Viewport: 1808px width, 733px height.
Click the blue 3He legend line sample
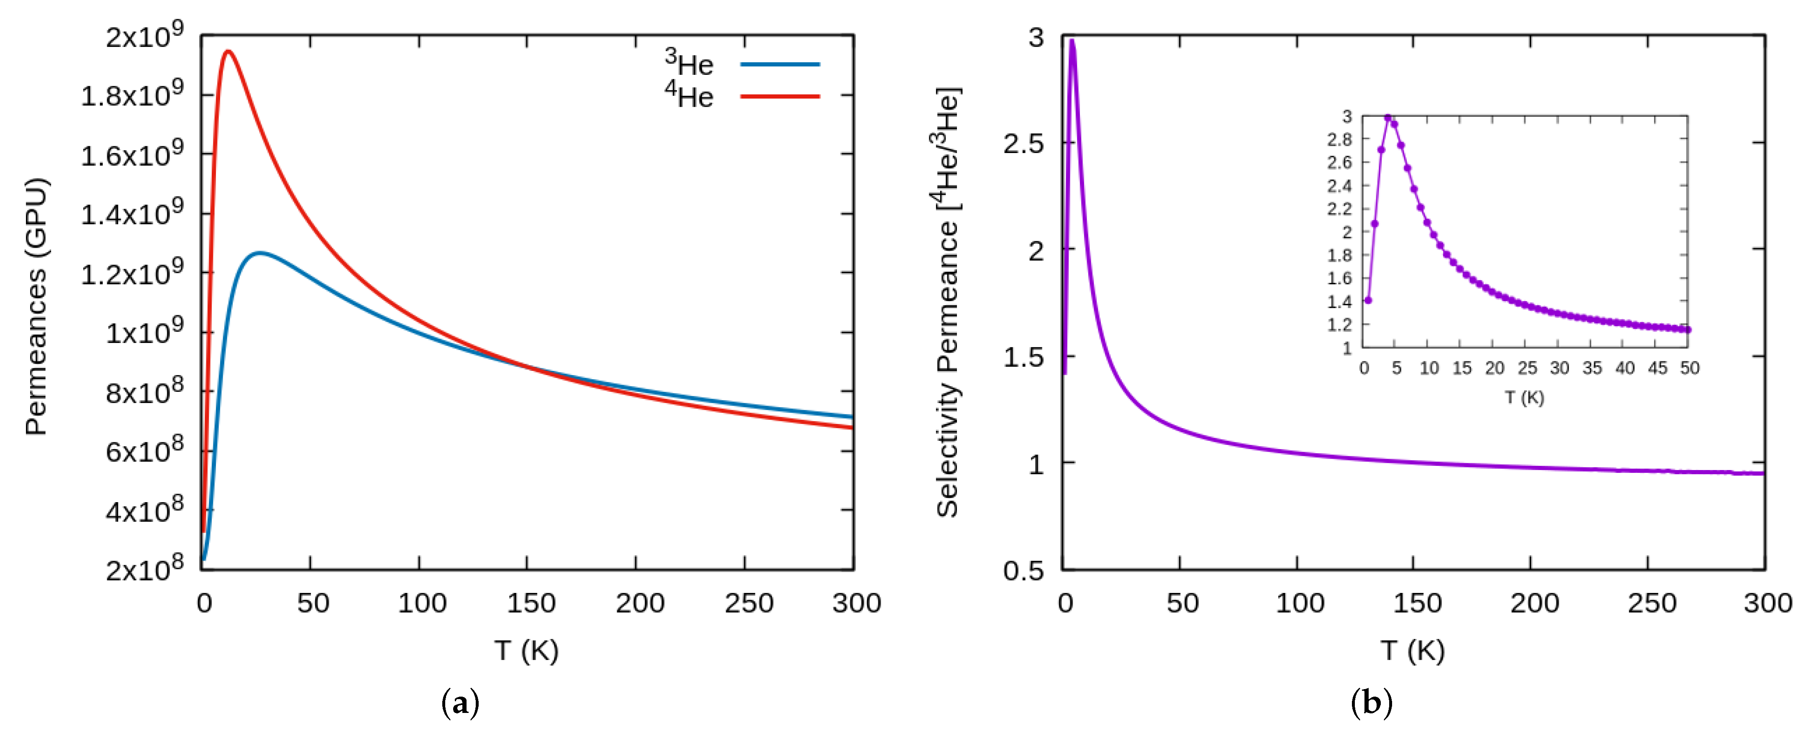tap(779, 64)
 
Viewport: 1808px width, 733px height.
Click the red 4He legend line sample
tap(779, 96)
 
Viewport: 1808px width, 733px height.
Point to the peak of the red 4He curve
tap(227, 51)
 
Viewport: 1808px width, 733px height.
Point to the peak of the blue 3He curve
tap(260, 253)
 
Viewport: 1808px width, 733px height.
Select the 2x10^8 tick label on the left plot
tap(144, 568)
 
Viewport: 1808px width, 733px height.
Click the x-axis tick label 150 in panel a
tap(531, 603)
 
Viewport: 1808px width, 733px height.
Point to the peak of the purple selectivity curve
tap(1072, 41)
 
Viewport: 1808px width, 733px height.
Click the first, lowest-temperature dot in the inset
tap(1368, 300)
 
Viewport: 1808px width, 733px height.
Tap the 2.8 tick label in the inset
tap(1339, 140)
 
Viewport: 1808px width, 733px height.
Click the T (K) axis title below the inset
tap(1524, 398)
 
